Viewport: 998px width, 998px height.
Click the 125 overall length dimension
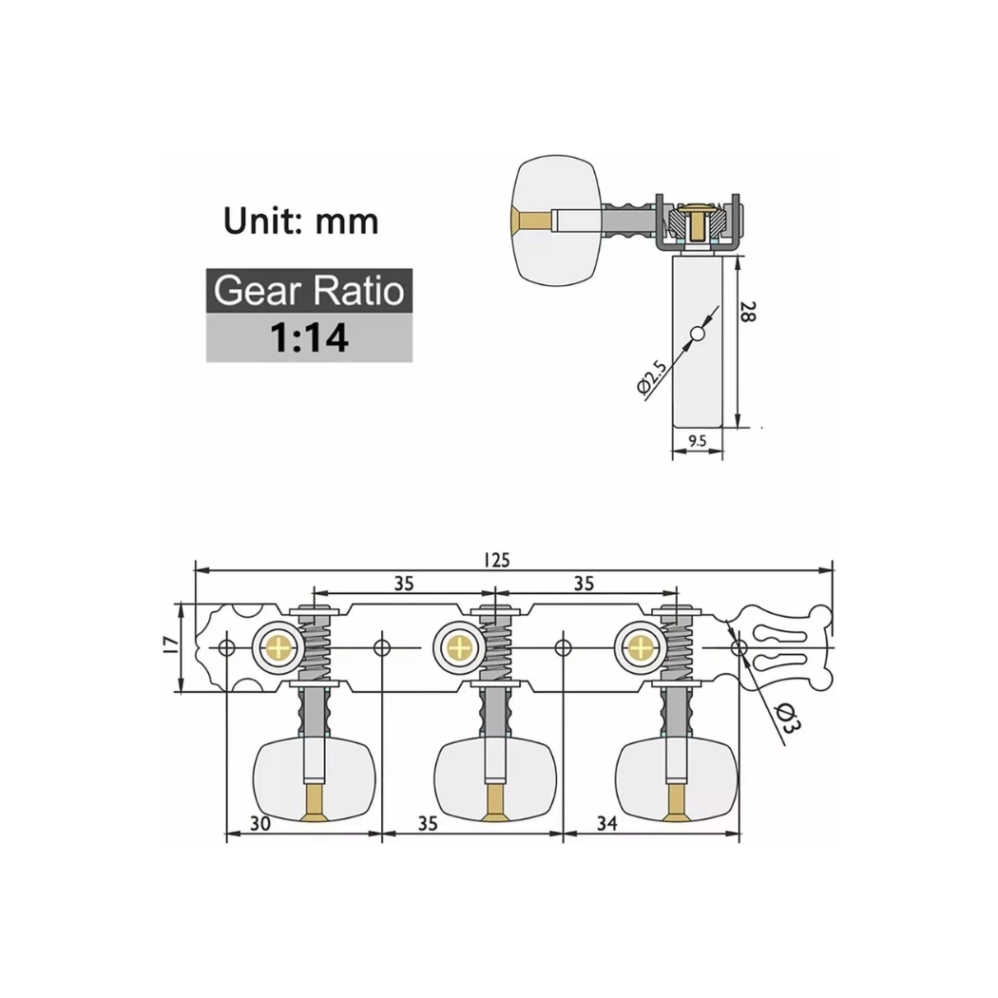click(x=496, y=560)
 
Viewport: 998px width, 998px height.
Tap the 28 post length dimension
click(x=748, y=311)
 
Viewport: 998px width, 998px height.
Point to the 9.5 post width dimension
click(x=698, y=440)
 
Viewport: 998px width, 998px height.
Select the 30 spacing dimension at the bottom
click(x=259, y=823)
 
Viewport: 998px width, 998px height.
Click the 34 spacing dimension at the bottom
click(x=606, y=823)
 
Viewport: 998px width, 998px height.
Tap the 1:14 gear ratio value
click(x=309, y=337)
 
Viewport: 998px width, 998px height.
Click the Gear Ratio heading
click(x=309, y=290)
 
